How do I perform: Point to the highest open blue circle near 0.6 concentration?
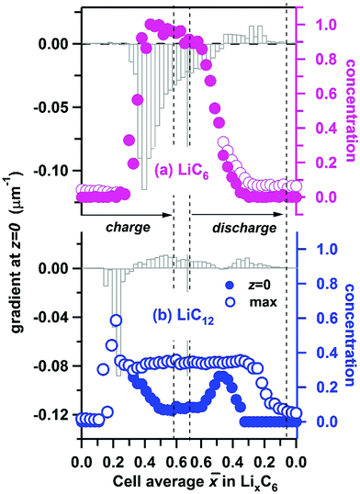pos(116,320)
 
